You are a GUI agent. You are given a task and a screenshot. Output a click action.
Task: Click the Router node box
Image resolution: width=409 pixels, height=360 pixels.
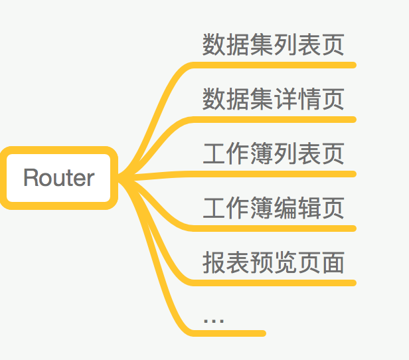click(x=59, y=178)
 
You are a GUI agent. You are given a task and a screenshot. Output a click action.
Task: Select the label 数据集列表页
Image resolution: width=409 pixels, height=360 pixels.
click(x=274, y=45)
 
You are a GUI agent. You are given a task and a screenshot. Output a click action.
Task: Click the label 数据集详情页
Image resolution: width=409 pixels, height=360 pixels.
click(x=274, y=99)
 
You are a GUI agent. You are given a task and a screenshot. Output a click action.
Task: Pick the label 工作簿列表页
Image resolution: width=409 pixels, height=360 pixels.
click(x=274, y=153)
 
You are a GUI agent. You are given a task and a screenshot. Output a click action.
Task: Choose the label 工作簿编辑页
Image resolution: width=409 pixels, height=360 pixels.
click(x=274, y=208)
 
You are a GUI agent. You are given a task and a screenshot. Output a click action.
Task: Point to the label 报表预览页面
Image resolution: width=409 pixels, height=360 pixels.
click(x=274, y=262)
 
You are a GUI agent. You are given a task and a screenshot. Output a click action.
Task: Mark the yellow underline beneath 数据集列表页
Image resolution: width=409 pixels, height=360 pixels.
click(x=279, y=65)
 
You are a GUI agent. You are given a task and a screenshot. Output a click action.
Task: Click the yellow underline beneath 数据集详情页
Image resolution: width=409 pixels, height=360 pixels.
click(x=279, y=120)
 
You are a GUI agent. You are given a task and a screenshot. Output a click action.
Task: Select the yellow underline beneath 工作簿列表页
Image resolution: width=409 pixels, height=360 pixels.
click(x=279, y=174)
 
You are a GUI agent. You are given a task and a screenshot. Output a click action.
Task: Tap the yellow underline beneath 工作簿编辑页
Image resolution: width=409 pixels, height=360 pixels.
click(x=279, y=228)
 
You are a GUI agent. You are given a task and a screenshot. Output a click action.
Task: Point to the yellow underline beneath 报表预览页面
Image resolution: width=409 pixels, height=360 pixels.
click(x=279, y=283)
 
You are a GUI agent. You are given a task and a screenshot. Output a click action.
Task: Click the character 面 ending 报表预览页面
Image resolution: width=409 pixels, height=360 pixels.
click(x=333, y=262)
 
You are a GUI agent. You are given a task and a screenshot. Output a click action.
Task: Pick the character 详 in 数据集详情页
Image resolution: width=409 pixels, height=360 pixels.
click(x=286, y=99)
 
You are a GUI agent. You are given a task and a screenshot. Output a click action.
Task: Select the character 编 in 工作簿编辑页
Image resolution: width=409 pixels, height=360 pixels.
click(x=286, y=208)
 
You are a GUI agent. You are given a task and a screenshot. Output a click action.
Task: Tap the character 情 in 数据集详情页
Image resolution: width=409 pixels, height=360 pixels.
click(x=309, y=99)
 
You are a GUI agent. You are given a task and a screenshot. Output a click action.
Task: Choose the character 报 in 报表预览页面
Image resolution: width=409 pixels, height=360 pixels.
click(x=214, y=262)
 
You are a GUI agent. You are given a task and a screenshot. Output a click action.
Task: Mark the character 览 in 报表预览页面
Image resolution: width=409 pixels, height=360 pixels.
click(x=286, y=262)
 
